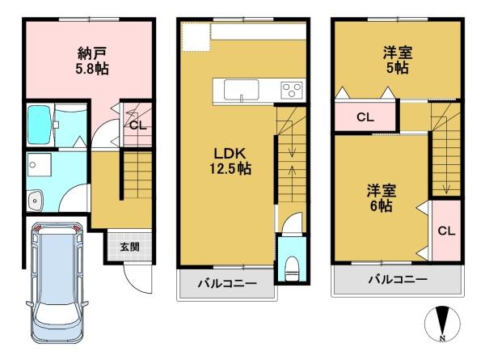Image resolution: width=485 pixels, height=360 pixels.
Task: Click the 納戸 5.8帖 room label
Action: (92, 61)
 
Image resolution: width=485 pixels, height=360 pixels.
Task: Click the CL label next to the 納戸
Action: (137, 125)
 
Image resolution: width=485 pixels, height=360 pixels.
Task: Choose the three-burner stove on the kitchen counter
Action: (291, 89)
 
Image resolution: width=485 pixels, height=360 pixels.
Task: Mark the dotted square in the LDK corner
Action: (195, 37)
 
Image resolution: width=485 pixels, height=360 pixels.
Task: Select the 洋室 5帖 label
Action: (397, 61)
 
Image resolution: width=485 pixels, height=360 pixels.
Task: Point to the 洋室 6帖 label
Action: (380, 198)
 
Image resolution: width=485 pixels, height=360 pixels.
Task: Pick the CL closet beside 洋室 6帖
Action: (445, 231)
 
